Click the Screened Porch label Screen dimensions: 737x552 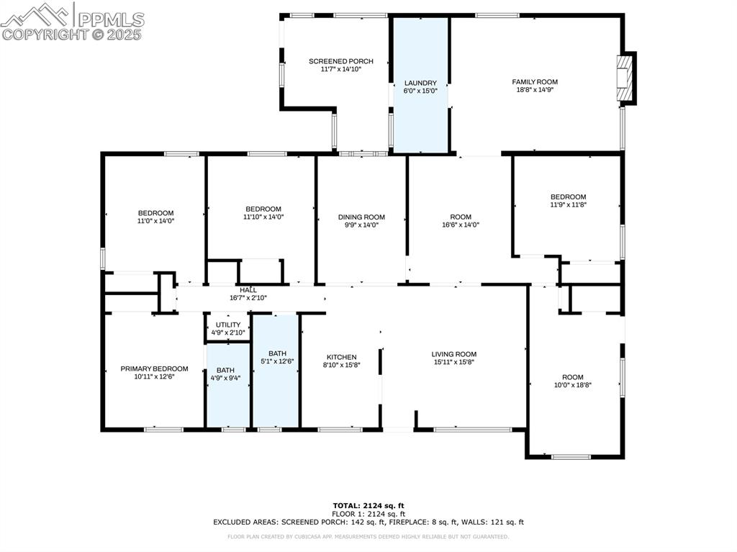tap(340, 62)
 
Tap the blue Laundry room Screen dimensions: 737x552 tap(420, 86)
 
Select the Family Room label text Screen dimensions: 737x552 tap(535, 82)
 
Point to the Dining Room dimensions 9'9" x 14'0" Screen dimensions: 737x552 tap(361, 225)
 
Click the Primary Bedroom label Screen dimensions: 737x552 tap(154, 368)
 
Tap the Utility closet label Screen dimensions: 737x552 tap(228, 325)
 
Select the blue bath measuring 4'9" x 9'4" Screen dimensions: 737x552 tap(225, 374)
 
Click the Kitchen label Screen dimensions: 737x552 tap(341, 358)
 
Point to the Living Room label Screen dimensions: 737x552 tap(454, 354)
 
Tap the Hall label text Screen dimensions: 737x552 tap(248, 289)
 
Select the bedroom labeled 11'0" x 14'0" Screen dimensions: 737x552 tap(155, 217)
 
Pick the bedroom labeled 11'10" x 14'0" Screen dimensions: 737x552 tap(263, 213)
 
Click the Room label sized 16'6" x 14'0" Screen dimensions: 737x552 tap(461, 221)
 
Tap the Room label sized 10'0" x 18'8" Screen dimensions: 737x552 tap(572, 381)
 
